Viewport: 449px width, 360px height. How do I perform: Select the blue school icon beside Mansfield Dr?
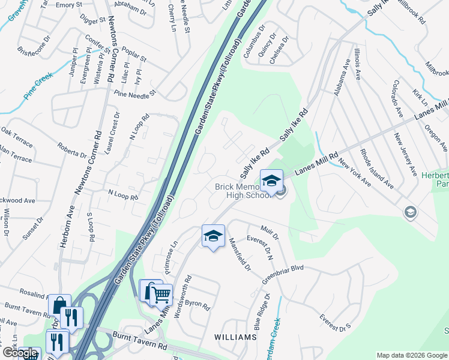(x=213, y=236)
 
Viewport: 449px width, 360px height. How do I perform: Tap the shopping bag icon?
(x=59, y=305)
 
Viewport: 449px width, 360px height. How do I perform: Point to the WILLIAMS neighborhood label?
(x=235, y=337)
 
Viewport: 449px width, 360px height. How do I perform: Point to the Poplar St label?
(x=134, y=55)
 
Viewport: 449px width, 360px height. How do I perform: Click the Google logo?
(x=20, y=353)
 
